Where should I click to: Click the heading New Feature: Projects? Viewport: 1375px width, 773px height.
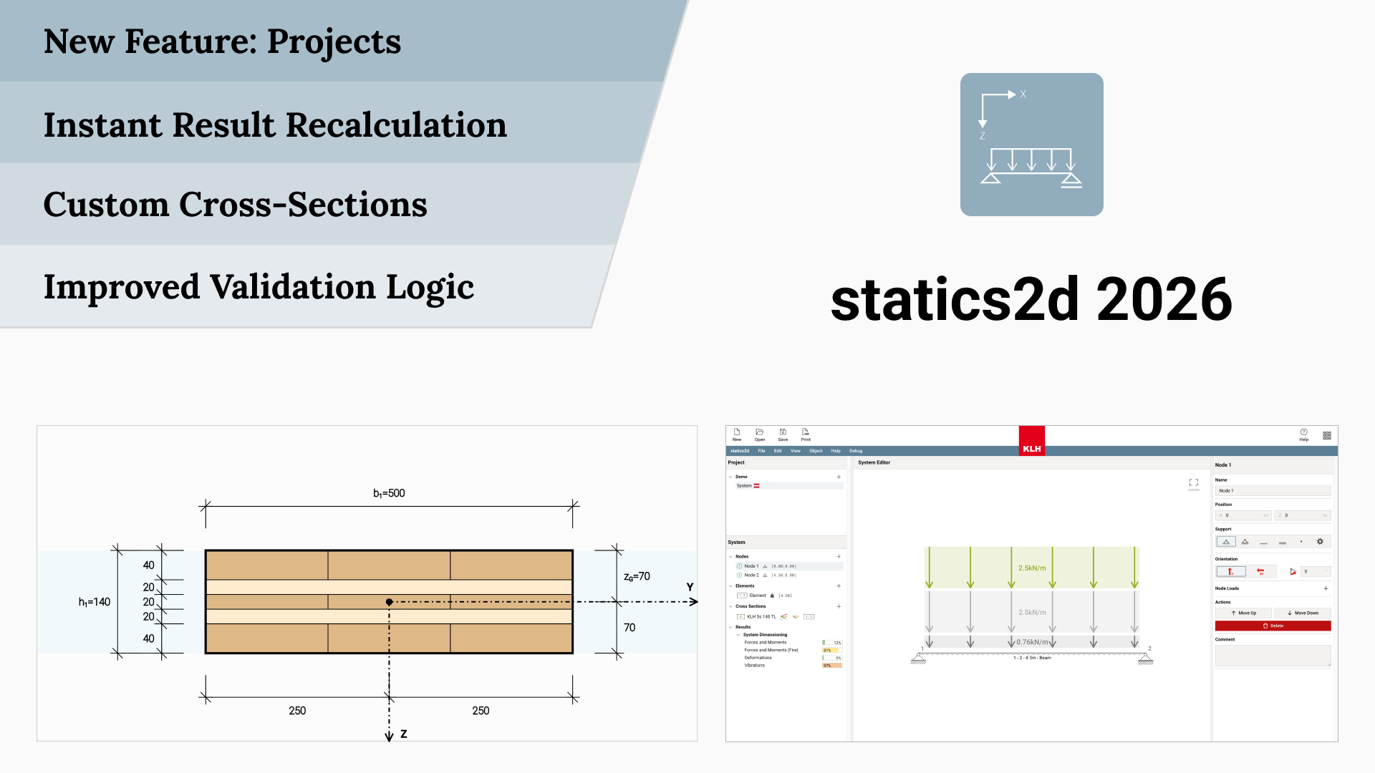coord(222,42)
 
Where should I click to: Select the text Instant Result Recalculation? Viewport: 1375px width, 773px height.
coord(275,125)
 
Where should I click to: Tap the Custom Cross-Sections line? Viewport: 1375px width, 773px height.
coord(235,205)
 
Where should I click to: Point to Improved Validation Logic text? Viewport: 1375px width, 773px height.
coord(259,287)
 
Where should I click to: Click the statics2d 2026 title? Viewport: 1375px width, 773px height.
coord(1031,300)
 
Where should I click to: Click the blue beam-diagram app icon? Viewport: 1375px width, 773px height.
coord(1031,145)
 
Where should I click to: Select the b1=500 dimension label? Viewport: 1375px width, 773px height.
coord(389,493)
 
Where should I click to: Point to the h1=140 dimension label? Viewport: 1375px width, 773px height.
coord(95,602)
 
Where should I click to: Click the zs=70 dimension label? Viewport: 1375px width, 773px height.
coord(637,576)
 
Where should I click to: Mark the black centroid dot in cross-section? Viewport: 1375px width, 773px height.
coord(389,602)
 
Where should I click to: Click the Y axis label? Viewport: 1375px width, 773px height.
coord(690,587)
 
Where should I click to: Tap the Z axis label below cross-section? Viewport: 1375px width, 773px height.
coord(404,734)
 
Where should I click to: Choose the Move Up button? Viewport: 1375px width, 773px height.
coord(1243,613)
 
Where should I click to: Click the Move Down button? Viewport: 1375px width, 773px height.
coord(1302,613)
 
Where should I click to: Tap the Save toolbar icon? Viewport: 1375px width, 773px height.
coord(783,434)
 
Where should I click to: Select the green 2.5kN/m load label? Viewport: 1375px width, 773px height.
coord(1032,568)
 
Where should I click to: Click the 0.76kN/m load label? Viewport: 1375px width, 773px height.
coord(1032,642)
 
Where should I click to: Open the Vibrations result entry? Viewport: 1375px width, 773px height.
coord(754,665)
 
